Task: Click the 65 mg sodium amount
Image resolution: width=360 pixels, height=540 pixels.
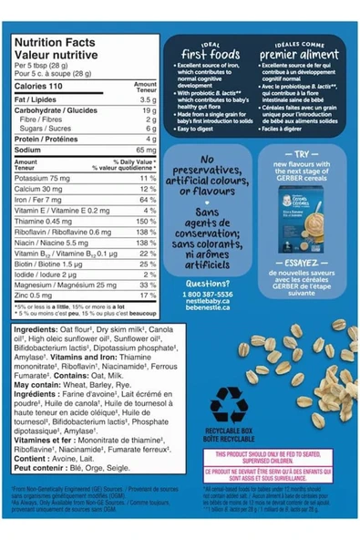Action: (147, 149)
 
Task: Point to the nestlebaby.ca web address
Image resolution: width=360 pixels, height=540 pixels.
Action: (208, 303)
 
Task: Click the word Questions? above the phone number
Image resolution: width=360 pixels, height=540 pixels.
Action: (207, 283)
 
